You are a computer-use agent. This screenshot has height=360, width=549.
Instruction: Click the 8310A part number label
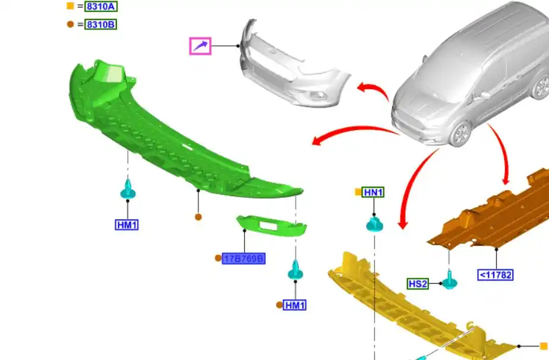coord(101,7)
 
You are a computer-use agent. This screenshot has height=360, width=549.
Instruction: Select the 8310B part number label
coord(101,24)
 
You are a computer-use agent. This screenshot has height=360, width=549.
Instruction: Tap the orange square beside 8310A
coord(70,6)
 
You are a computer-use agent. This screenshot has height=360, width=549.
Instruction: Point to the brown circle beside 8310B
coord(70,24)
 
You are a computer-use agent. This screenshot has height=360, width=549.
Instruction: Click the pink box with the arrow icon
coord(200,46)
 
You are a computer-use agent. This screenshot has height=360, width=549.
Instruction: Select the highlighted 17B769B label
coord(244,259)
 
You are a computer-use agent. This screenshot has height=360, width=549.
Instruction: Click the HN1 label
coord(373,192)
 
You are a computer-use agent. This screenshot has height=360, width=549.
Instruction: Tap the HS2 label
coord(418,283)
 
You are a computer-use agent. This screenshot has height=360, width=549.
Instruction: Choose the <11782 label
coord(496,275)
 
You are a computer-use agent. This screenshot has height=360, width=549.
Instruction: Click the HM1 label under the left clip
coord(127,225)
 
